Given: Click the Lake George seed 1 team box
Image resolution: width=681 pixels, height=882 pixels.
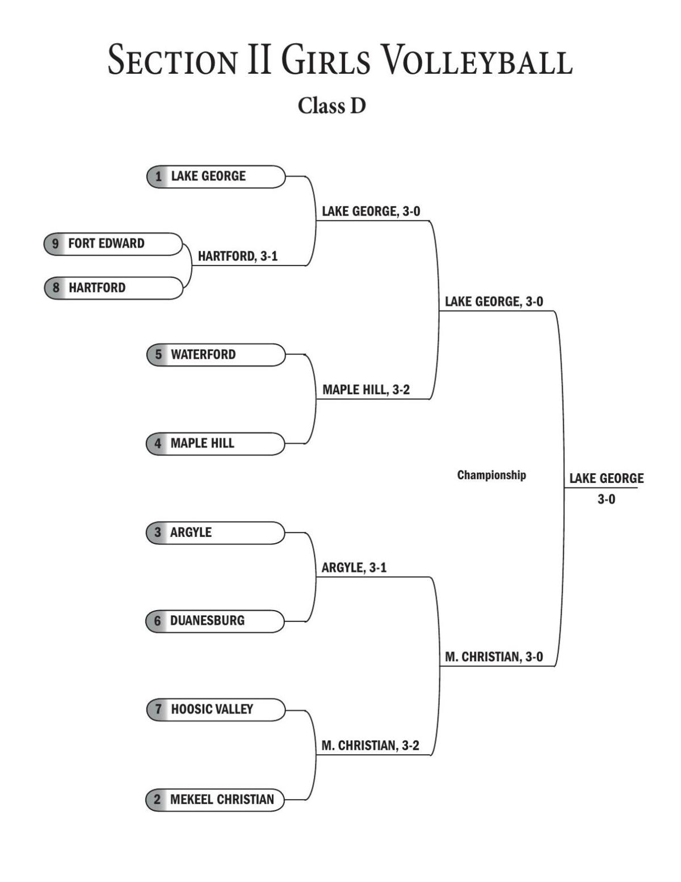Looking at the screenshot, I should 216,177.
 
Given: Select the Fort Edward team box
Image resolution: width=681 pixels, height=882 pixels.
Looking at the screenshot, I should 113,243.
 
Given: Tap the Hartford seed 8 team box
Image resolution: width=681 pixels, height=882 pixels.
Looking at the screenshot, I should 113,288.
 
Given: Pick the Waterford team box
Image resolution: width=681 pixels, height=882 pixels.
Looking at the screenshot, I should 216,355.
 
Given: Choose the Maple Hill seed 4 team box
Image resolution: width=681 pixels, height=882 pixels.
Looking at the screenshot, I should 216,443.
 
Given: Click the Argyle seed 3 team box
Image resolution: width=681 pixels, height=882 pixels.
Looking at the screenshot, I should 216,532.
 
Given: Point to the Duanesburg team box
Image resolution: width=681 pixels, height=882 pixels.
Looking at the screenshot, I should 216,621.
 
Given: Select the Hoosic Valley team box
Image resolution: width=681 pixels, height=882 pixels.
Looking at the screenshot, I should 216,709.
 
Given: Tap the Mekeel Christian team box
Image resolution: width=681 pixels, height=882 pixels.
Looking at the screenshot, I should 216,800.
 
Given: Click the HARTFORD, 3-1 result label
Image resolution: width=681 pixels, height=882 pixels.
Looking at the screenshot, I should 238,257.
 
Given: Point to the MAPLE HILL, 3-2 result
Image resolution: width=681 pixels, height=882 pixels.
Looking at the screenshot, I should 366,390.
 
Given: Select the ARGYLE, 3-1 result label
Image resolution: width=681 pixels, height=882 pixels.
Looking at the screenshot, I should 354,568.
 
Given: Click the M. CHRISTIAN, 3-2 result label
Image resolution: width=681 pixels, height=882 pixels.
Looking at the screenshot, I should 370,746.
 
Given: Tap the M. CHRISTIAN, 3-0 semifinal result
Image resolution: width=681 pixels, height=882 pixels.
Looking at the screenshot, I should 494,657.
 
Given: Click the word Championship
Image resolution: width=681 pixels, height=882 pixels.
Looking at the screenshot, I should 491,475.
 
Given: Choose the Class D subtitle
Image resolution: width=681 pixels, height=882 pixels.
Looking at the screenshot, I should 332,106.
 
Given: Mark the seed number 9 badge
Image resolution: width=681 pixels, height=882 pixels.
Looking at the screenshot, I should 56,244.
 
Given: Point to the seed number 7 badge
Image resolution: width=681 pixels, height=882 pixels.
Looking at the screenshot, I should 158,709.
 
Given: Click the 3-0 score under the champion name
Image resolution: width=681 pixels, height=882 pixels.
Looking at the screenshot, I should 606,500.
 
